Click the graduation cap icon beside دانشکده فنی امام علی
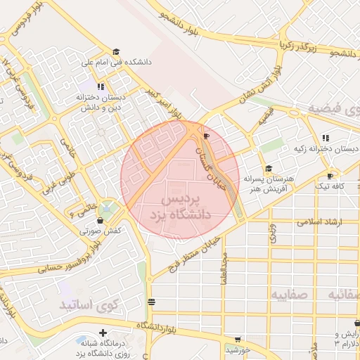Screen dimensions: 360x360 (x=116, y=51)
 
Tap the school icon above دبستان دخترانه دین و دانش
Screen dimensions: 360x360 (x=101, y=87)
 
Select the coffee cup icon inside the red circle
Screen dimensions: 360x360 (x=205, y=136)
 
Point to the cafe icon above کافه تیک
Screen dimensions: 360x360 (x=330, y=176)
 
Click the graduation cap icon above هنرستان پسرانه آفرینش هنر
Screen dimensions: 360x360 (x=269, y=168)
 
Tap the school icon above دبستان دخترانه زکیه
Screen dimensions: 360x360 (x=324, y=138)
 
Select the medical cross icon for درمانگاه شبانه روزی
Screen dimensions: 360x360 (x=103, y=333)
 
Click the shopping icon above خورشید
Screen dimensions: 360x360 (x=238, y=339)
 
